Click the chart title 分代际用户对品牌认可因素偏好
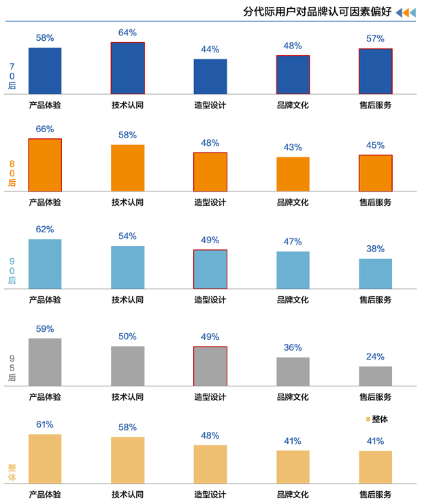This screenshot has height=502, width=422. tap(316, 12)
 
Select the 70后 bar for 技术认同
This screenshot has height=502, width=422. tap(128, 68)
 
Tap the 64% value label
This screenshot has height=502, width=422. tap(128, 33)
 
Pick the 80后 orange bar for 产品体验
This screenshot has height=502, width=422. tap(45, 165)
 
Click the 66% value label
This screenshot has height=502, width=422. tap(45, 129)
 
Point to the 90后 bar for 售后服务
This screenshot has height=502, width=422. tap(376, 274)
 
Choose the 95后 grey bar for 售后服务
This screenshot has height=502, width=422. tap(376, 376)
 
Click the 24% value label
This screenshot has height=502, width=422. tap(376, 356)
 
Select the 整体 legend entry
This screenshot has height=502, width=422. tap(376, 419)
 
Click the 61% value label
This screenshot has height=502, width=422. tap(45, 424)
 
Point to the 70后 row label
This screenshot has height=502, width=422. tap(12, 76)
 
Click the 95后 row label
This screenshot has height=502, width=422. tap(12, 367)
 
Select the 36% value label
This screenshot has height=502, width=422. tap(293, 347)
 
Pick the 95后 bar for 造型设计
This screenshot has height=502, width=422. tap(210, 366)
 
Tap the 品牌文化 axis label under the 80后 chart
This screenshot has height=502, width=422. tap(293, 202)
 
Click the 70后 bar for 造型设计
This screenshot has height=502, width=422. tap(210, 76)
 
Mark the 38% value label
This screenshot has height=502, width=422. tap(376, 249)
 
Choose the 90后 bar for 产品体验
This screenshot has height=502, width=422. tap(45, 264)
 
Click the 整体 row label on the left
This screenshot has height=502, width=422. tap(12, 472)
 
